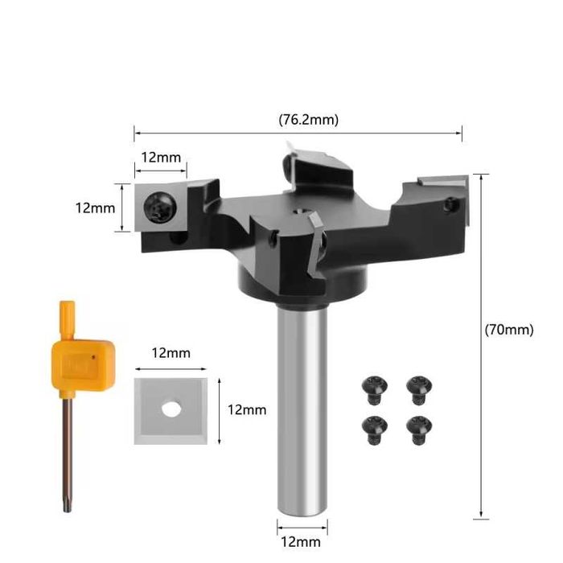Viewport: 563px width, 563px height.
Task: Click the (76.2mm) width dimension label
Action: point(308,120)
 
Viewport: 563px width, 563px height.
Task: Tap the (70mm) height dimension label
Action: point(509,329)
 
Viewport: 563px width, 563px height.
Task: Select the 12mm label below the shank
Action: point(301,542)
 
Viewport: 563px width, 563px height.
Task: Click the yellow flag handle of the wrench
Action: point(84,364)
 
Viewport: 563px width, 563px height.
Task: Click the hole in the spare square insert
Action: point(171,409)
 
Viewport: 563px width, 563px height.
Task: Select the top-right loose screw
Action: point(419,390)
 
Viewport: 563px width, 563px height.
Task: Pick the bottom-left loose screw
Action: point(375,430)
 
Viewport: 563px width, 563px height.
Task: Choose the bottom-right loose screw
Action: point(419,430)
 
